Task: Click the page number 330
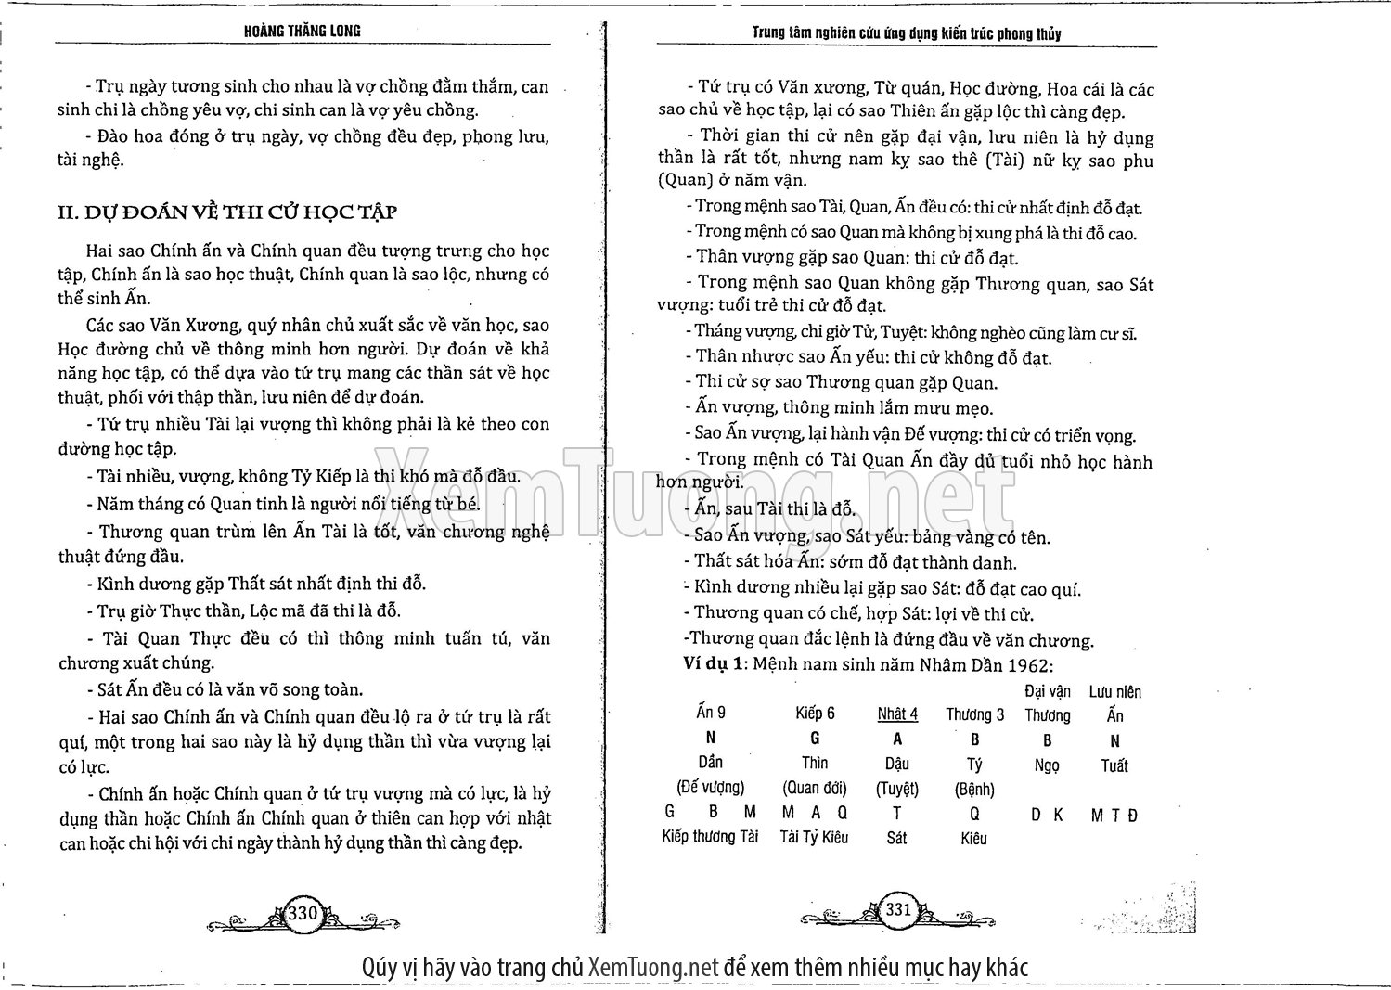point(303,913)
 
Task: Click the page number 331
point(898,909)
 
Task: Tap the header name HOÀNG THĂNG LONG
point(303,31)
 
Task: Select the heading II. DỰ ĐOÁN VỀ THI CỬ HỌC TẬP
point(227,212)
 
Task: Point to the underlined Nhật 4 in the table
point(897,714)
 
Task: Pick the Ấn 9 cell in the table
point(711,712)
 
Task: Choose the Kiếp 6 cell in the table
point(815,713)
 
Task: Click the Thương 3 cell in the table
point(974,714)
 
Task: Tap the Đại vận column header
point(1048,691)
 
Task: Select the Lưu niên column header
point(1114,691)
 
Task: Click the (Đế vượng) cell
point(711,787)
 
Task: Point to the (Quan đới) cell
point(815,788)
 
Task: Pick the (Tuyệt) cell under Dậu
point(897,789)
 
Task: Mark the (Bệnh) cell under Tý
point(974,790)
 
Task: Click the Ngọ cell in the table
point(1047,765)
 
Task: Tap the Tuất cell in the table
point(1114,765)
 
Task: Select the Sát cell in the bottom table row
point(897,838)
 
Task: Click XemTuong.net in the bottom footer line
point(654,967)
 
